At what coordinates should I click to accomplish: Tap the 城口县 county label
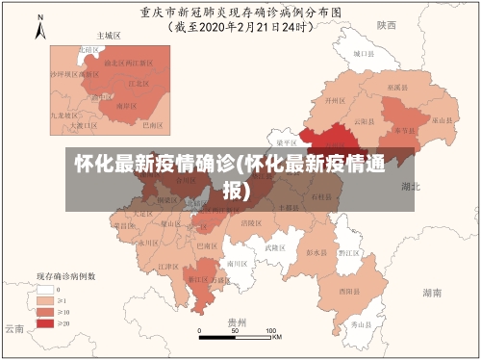(362, 55)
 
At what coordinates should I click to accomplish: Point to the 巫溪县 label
(394, 87)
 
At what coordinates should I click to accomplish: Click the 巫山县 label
(442, 119)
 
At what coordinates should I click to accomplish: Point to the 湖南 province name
(432, 291)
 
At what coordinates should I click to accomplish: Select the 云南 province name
(13, 328)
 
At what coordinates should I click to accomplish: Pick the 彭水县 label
(316, 253)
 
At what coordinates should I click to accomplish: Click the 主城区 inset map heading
(108, 35)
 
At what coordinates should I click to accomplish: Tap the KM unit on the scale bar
(276, 337)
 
